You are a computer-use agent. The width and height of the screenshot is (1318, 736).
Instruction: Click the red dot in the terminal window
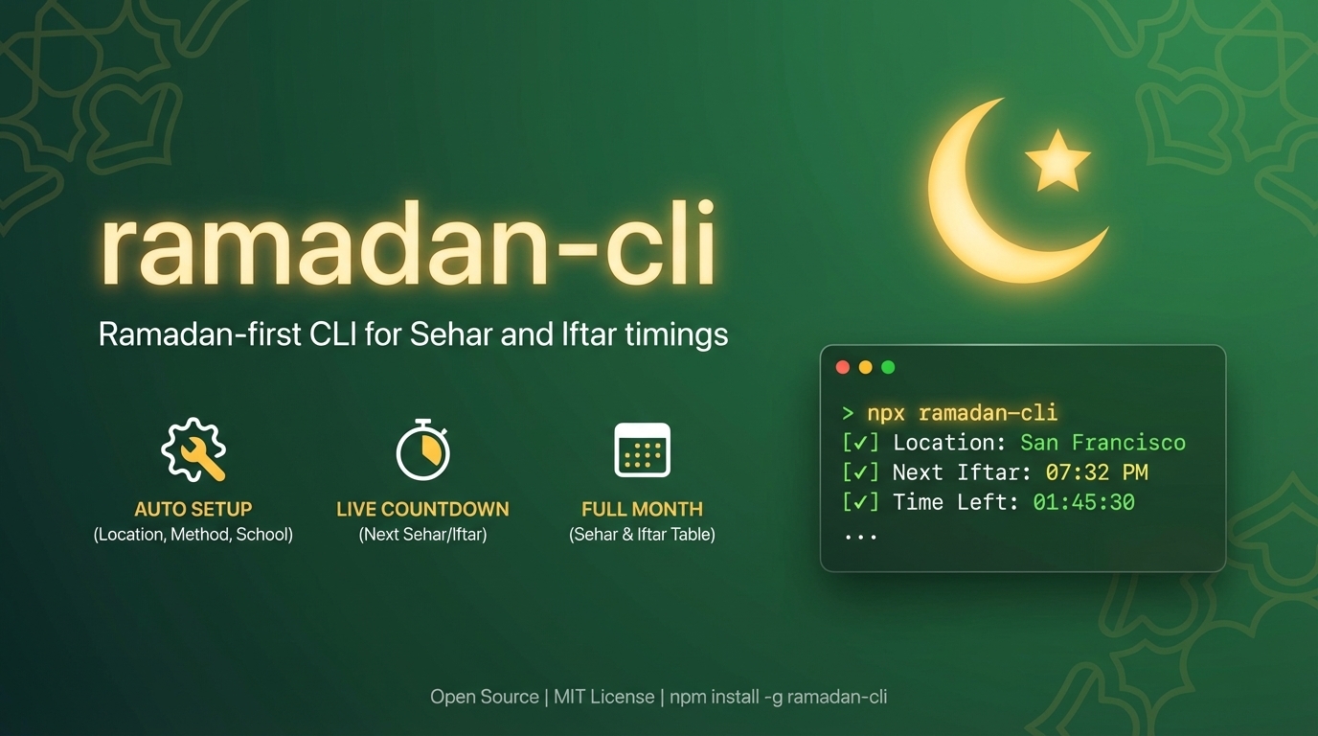(x=843, y=367)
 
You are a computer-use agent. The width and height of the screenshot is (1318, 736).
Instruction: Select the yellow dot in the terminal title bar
(x=865, y=367)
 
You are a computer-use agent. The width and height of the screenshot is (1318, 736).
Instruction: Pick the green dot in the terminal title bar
(x=888, y=367)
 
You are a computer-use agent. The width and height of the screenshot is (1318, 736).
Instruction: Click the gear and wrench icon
(x=194, y=449)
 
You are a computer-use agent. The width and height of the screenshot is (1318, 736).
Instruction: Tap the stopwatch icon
(x=422, y=449)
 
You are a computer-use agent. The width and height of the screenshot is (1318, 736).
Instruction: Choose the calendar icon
(x=642, y=449)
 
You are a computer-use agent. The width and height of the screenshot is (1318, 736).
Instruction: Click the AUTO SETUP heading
(x=193, y=509)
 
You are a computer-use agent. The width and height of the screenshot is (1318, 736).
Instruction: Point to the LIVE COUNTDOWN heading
(x=422, y=509)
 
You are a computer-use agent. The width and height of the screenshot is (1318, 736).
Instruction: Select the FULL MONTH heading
(x=642, y=509)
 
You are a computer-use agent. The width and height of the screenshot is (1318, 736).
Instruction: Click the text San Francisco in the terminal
(x=1102, y=443)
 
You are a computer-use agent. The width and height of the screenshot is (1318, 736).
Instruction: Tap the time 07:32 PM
(x=1097, y=472)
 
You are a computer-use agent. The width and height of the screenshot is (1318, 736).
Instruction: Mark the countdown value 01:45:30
(x=1083, y=502)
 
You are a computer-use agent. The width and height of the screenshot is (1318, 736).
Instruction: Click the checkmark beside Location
(x=860, y=443)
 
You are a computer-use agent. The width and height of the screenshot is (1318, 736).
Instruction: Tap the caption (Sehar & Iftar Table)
(x=642, y=535)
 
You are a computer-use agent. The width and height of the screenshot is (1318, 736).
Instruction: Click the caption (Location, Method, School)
(x=193, y=535)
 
